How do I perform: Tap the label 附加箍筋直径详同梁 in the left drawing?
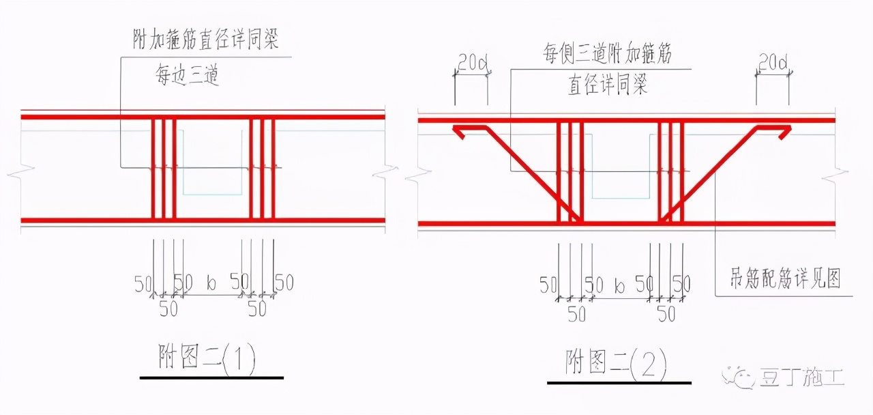206,40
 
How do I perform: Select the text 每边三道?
186,76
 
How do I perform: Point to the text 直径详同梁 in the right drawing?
607,85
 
